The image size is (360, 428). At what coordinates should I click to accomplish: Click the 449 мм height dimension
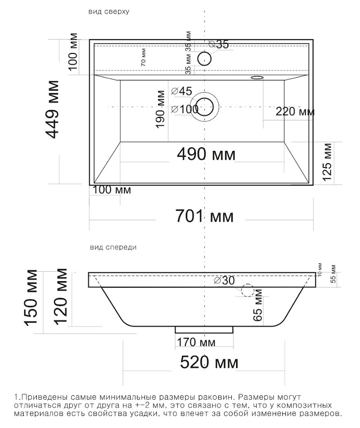pos(52,110)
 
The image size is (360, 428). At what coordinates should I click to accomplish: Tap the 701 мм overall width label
pos(204,216)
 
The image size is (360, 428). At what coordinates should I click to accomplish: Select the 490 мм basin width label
pos(206,154)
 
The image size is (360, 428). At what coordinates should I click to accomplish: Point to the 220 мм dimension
pos(295,111)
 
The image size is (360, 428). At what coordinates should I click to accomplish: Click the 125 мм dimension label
pos(327,162)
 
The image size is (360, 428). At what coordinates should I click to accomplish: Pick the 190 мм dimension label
pos(160,109)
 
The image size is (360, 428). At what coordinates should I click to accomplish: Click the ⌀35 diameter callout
pos(219,44)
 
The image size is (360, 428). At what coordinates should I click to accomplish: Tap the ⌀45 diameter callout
pos(182,91)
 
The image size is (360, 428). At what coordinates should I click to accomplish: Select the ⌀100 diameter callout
pos(184,109)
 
